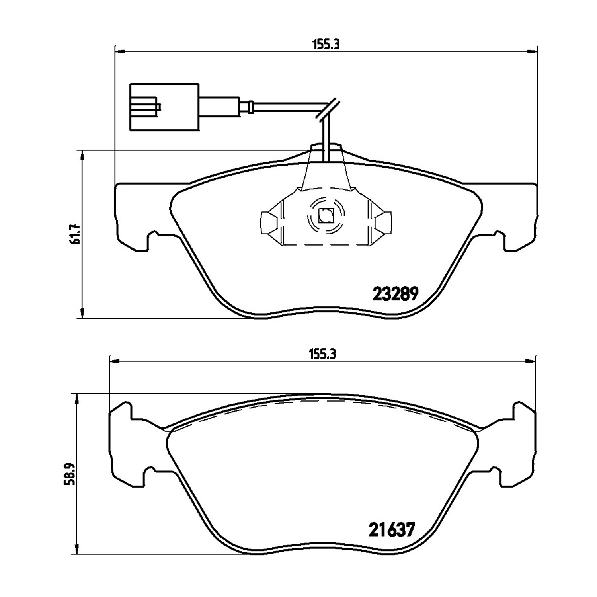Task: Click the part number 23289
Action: [395, 294]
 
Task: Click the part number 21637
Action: [392, 529]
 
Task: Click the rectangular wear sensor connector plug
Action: [164, 107]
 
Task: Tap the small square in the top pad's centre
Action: [326, 216]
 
